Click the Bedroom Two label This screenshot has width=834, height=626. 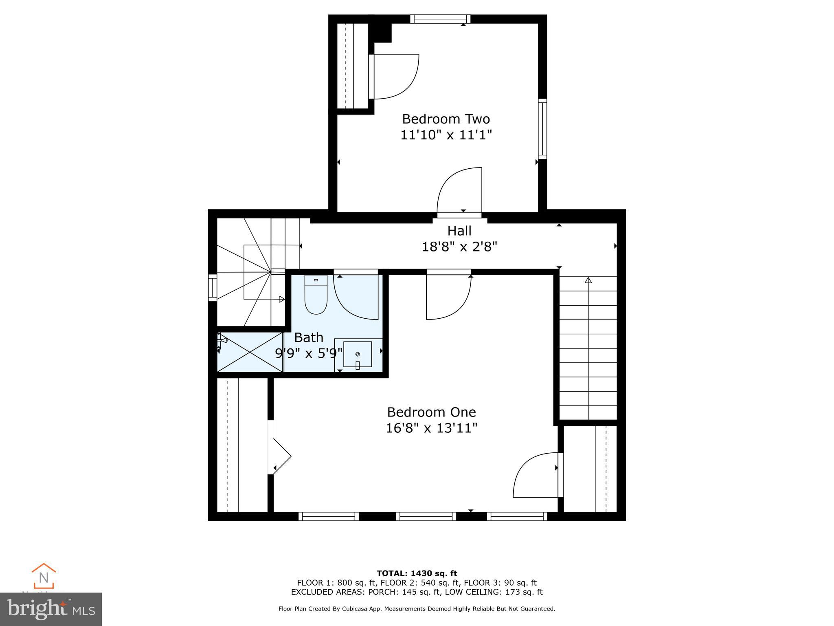[x=446, y=119]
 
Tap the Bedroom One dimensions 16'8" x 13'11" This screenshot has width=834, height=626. [x=431, y=428]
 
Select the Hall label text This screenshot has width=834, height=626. [x=459, y=231]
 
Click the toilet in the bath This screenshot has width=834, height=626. [x=316, y=297]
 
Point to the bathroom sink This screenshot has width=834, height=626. [x=358, y=354]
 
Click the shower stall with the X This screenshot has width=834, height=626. [x=250, y=352]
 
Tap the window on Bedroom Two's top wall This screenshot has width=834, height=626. [x=440, y=19]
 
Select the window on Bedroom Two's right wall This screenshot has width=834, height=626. [x=542, y=128]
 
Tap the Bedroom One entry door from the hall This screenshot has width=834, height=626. [x=448, y=296]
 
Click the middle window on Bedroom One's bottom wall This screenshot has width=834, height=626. [x=426, y=516]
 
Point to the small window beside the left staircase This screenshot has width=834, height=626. [x=213, y=288]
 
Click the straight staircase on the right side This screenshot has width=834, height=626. [x=588, y=348]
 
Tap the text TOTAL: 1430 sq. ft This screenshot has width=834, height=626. [x=417, y=573]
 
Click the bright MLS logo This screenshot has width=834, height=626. [x=51, y=609]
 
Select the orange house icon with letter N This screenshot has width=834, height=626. [x=44, y=576]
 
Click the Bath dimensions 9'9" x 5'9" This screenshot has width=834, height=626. [x=309, y=353]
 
